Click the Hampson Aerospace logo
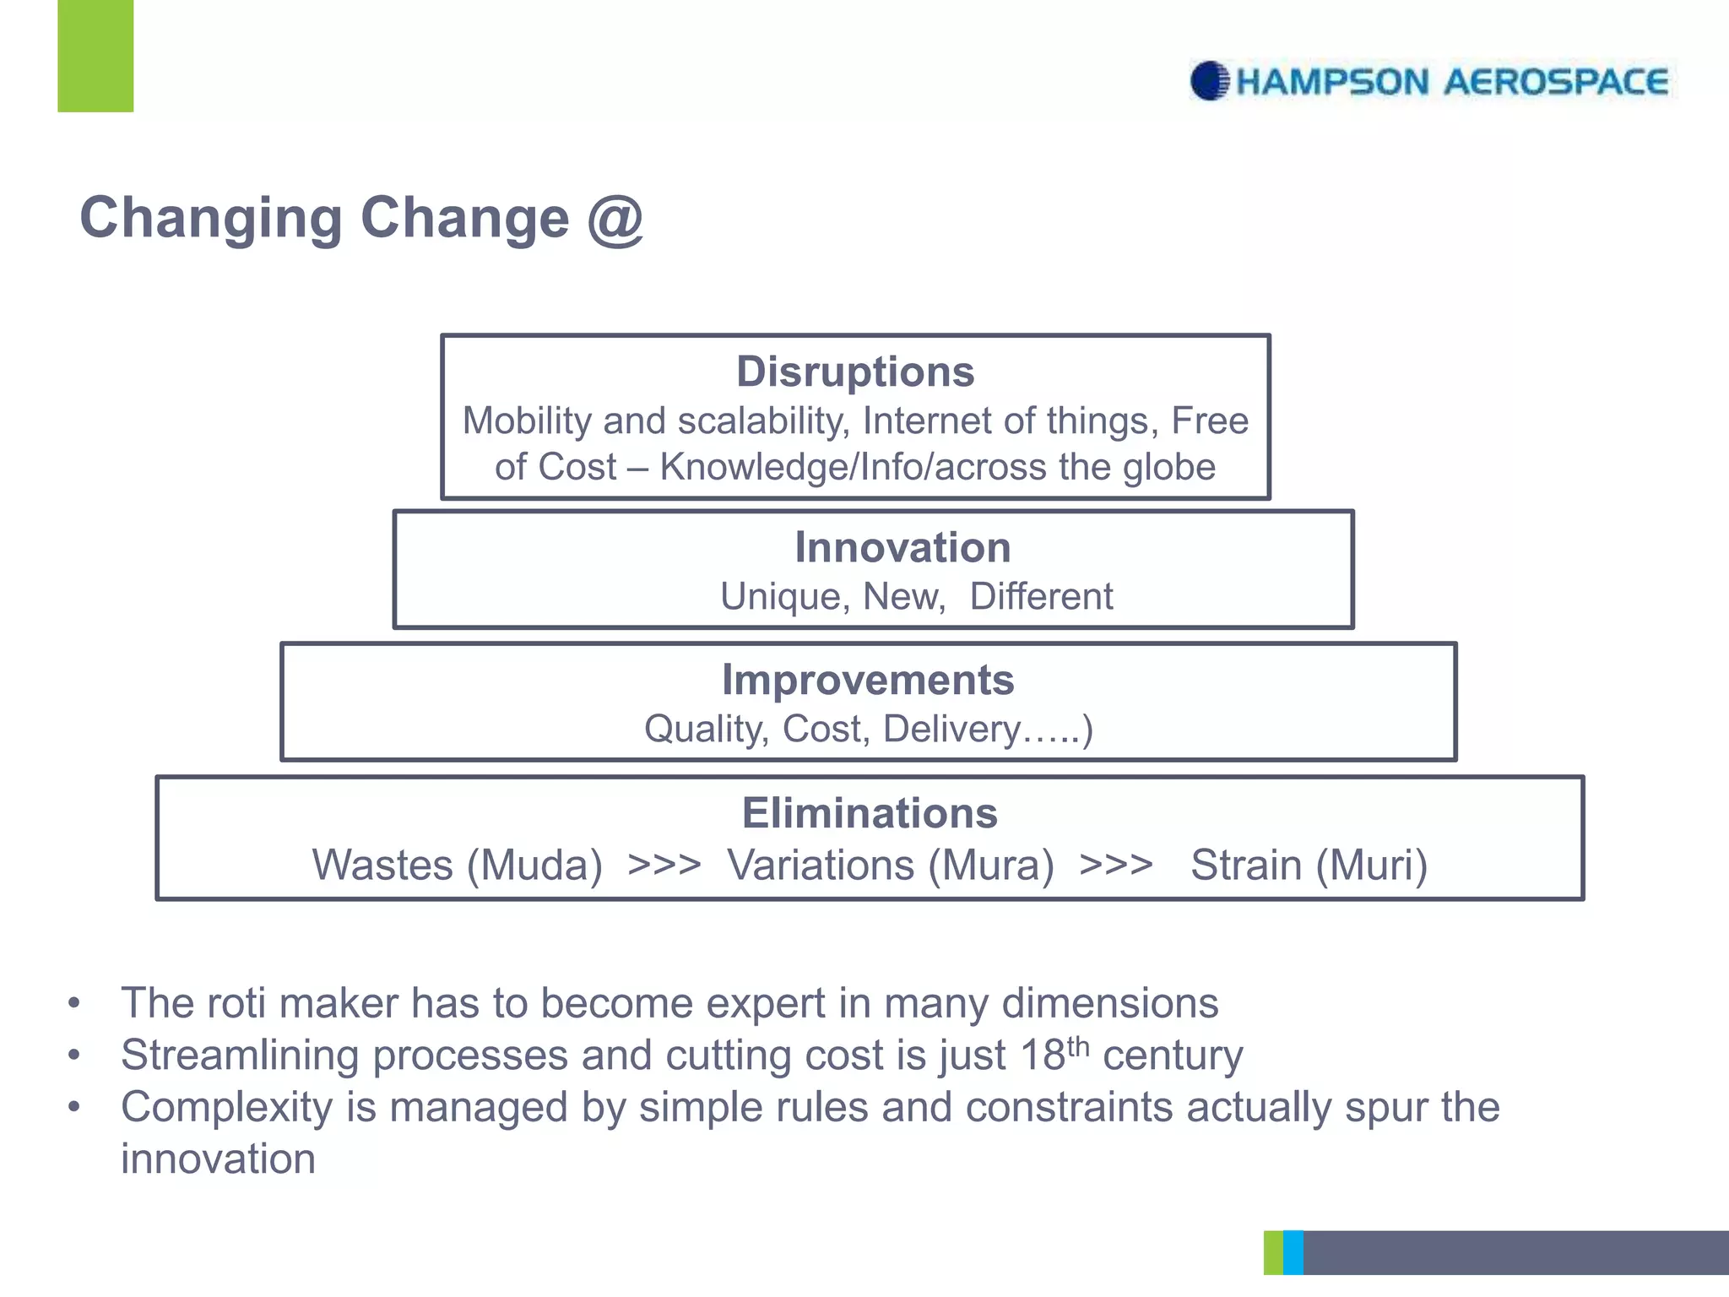pyautogui.click(x=1430, y=82)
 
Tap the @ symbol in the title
pyautogui.click(x=615, y=219)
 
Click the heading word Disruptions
pyautogui.click(x=855, y=372)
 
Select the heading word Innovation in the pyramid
pyautogui.click(x=902, y=547)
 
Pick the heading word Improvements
pyautogui.click(x=868, y=680)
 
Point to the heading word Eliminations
pyautogui.click(x=870, y=813)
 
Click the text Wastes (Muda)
pyautogui.click(x=458, y=866)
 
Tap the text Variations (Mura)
pyautogui.click(x=891, y=866)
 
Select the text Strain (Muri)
pyautogui.click(x=1309, y=866)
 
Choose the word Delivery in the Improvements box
pyautogui.click(x=951, y=729)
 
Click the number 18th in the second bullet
pyautogui.click(x=1055, y=1054)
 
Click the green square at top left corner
pyautogui.click(x=95, y=56)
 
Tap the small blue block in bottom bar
pyautogui.click(x=1293, y=1252)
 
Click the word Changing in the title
pyautogui.click(x=211, y=219)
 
